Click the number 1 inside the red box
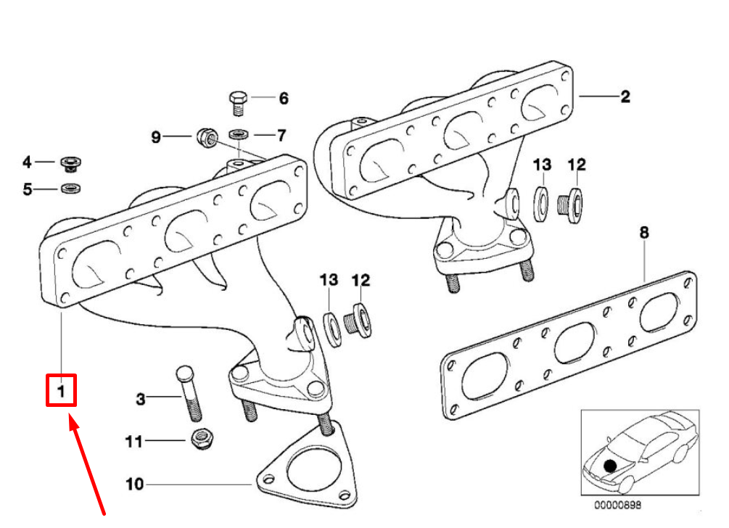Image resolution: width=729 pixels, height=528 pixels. click(x=62, y=391)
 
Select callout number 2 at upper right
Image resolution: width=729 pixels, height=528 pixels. click(x=625, y=96)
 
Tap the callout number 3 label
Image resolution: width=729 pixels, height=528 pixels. click(x=141, y=398)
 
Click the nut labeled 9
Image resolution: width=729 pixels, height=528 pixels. click(x=205, y=136)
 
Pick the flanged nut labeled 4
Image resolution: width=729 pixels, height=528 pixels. click(x=70, y=163)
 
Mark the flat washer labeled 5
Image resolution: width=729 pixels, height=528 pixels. click(x=70, y=189)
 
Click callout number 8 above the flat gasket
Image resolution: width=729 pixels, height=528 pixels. click(x=644, y=233)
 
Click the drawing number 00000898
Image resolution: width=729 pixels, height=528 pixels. click(x=618, y=505)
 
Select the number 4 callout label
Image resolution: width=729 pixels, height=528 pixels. click(x=27, y=162)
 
